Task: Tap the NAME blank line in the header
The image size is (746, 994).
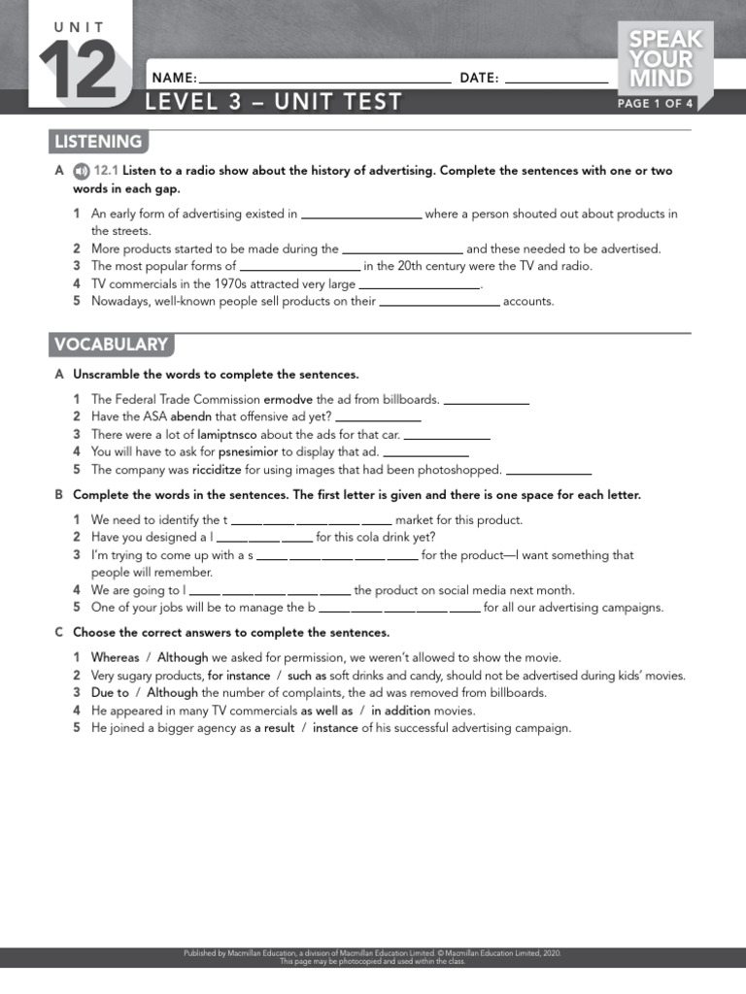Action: [x=324, y=79]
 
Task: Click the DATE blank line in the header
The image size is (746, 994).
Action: [x=557, y=79]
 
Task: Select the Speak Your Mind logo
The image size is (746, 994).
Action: [x=665, y=59]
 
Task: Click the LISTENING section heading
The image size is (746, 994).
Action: [x=98, y=142]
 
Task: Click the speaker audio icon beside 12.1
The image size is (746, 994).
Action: [x=81, y=171]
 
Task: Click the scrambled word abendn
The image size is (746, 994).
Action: [x=191, y=416]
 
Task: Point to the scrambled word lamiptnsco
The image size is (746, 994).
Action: [x=227, y=434]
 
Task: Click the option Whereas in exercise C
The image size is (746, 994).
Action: [x=116, y=657]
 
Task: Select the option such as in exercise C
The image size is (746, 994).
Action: [x=307, y=676]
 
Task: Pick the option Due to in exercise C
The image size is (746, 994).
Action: [x=110, y=693]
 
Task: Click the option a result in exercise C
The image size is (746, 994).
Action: [x=275, y=728]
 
